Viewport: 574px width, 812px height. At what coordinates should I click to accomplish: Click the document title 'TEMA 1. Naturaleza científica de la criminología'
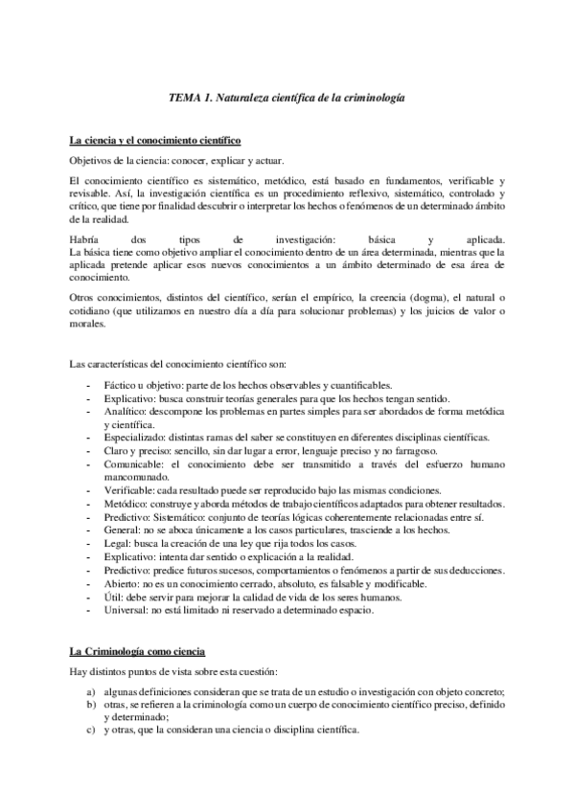click(x=287, y=98)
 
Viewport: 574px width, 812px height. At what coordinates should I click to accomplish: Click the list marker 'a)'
click(x=89, y=692)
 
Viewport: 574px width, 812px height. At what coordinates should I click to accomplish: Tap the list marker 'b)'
click(x=89, y=705)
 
